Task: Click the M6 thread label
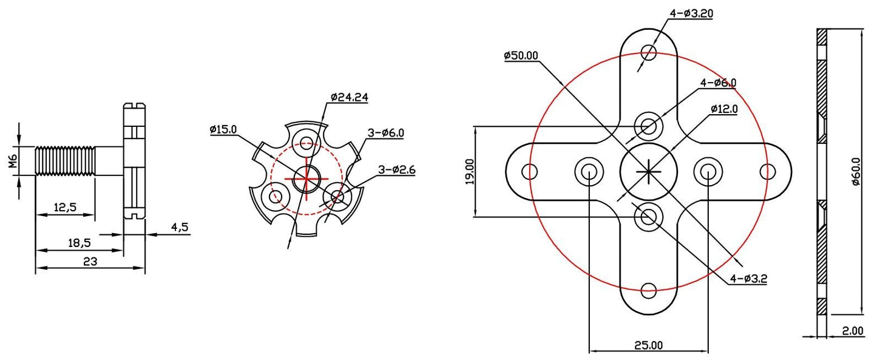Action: [12, 162]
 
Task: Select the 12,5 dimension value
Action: [65, 207]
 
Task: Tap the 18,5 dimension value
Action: [79, 243]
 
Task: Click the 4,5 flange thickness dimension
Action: [180, 227]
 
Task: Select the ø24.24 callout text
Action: [350, 97]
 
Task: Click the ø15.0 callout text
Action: [223, 129]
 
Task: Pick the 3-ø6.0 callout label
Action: [385, 133]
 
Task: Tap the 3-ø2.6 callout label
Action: [396, 171]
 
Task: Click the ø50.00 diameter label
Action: [521, 55]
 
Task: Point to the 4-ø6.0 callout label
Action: [718, 83]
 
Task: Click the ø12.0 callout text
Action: [724, 109]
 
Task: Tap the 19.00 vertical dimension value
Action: [469, 172]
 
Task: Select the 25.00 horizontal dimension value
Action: [648, 345]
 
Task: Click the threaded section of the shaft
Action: [66, 161]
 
